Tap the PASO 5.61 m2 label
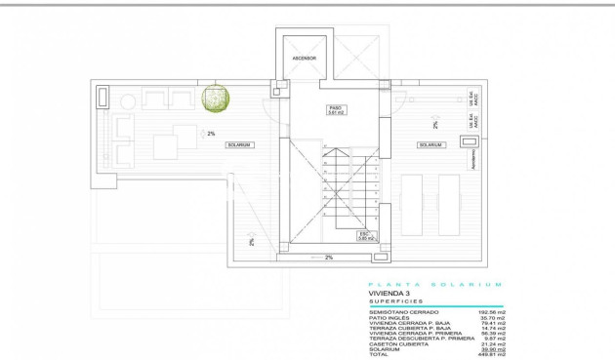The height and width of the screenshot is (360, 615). [336, 111]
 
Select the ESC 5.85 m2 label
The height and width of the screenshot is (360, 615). [365, 235]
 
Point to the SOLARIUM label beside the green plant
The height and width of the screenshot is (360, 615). [239, 145]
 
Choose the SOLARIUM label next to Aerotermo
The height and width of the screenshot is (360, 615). [430, 145]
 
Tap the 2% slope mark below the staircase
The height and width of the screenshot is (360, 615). [329, 258]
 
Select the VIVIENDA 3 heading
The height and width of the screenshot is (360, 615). [388, 293]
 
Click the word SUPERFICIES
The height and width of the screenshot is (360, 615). [390, 301]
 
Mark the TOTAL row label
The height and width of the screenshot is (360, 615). [378, 353]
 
